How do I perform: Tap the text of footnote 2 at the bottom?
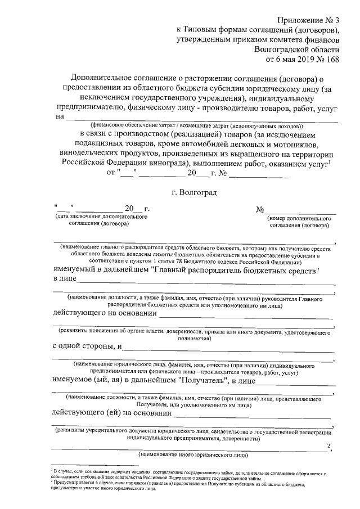180,486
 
